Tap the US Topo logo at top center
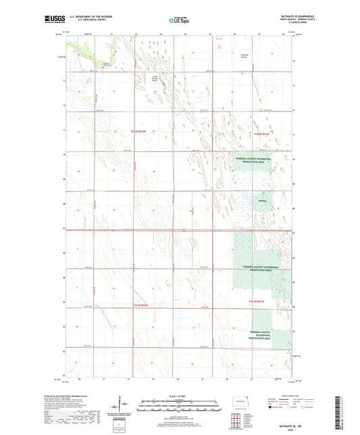pos(178,20)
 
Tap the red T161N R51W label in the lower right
pos(259,300)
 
